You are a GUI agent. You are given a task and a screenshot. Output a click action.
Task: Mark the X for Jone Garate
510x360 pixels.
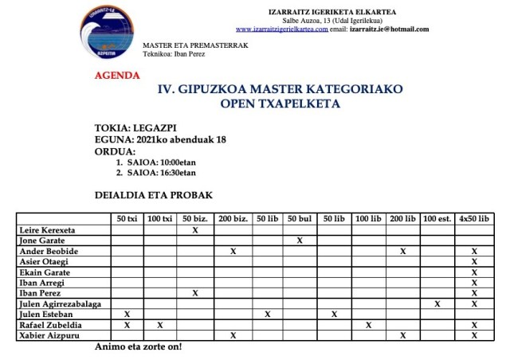[x=299, y=240]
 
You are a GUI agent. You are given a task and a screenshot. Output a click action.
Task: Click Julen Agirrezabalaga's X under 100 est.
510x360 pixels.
[x=437, y=303]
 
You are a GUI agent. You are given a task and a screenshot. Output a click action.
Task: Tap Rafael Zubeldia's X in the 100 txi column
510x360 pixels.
[x=160, y=324]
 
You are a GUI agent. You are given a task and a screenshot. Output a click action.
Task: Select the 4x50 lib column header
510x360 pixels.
[x=474, y=218]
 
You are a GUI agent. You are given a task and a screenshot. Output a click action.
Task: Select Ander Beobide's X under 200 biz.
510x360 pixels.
[x=233, y=251]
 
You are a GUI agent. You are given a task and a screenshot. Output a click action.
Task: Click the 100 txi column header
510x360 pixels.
[x=160, y=218]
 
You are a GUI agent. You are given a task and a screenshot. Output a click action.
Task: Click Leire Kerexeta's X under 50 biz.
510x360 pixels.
[x=195, y=229]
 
